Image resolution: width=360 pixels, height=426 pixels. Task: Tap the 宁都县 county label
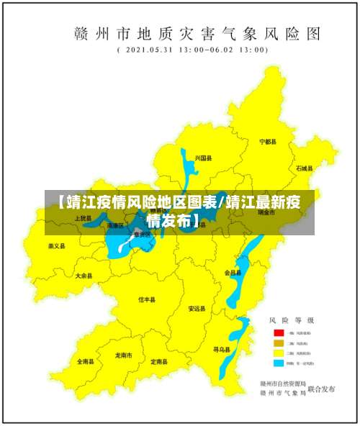[x=268, y=142]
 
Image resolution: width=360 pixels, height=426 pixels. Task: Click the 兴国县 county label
[x=203, y=158]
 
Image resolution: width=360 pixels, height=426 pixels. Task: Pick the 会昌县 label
[x=233, y=273]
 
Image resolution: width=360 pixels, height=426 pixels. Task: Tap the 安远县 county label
[x=197, y=309]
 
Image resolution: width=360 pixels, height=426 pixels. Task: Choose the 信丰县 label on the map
[x=147, y=299]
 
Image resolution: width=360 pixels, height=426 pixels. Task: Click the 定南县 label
[x=160, y=362]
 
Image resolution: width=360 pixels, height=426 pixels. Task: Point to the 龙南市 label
[x=123, y=355]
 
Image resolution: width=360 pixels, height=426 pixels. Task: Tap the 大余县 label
[x=84, y=276]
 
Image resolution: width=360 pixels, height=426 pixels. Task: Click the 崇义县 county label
[x=56, y=246]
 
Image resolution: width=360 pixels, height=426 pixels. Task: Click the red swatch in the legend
[x=277, y=334]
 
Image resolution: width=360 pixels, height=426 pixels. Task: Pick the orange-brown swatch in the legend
[x=277, y=344]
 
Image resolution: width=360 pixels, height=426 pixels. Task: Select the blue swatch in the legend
[x=277, y=364]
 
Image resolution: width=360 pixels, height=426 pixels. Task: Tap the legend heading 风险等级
[x=292, y=319]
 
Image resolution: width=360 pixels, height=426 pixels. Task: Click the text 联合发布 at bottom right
[x=322, y=389]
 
